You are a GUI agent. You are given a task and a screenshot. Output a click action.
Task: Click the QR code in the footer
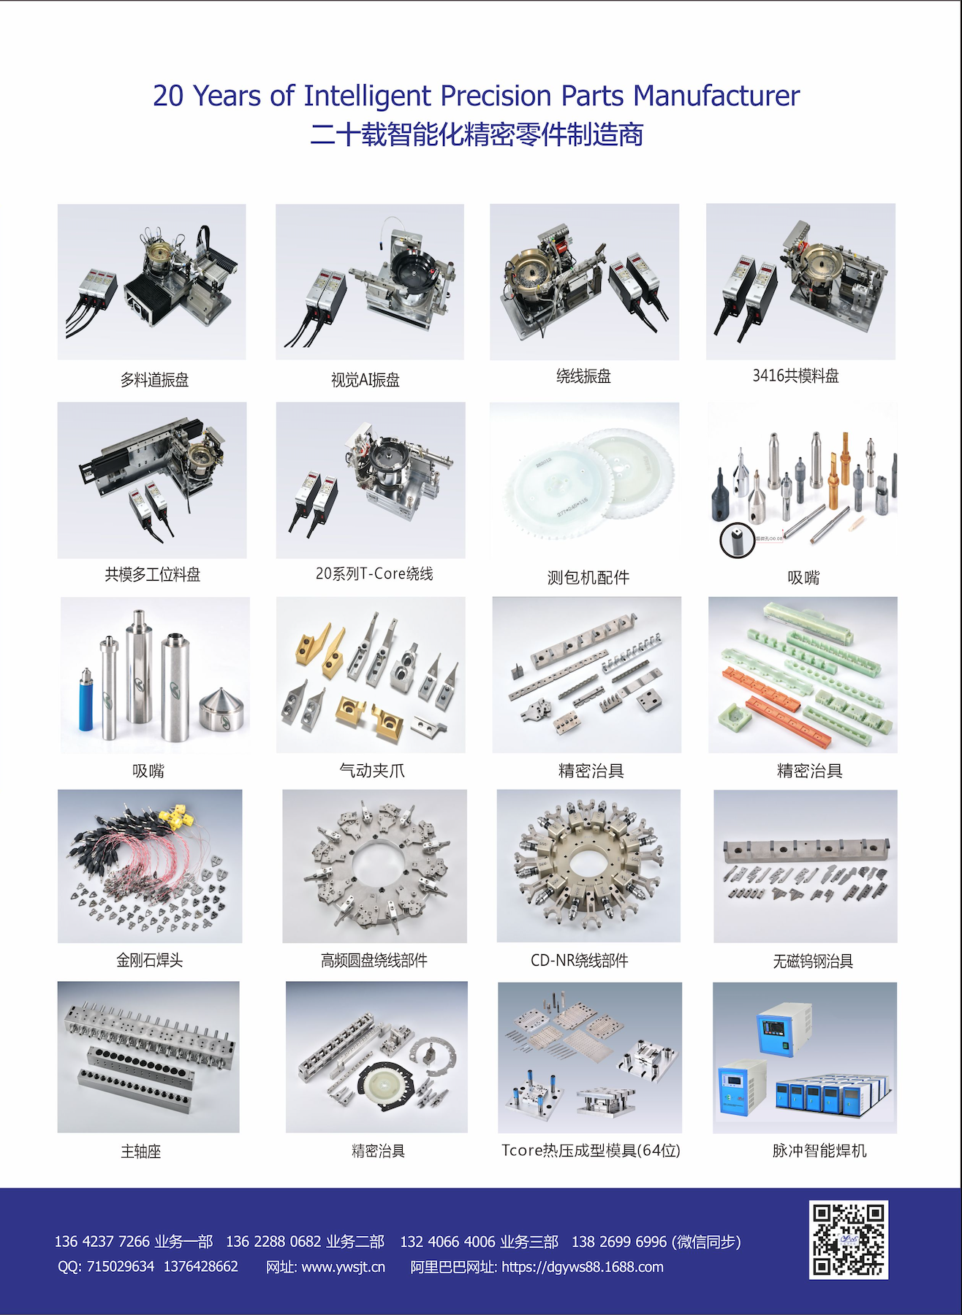(849, 1240)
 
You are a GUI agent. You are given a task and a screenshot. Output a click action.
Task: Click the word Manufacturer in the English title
(716, 96)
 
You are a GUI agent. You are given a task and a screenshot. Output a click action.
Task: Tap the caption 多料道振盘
(154, 380)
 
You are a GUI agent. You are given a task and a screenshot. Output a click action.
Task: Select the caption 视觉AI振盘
(366, 380)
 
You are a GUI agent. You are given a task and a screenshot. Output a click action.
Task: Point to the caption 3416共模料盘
(796, 376)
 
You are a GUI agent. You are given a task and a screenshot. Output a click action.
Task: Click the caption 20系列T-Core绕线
(374, 573)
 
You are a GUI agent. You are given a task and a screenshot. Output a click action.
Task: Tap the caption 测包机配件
(588, 578)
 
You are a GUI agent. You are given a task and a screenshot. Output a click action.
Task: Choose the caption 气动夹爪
(372, 771)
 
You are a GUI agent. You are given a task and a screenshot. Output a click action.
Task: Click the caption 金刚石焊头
(150, 960)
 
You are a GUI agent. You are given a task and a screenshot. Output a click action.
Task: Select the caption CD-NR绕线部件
(580, 961)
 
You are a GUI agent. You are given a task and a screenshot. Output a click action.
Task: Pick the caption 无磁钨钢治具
(813, 961)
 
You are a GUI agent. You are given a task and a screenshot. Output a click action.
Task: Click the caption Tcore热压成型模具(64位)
(591, 1151)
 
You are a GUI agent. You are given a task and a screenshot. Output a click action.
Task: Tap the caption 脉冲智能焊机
(819, 1151)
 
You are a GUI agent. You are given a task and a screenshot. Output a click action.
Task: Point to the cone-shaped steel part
(224, 708)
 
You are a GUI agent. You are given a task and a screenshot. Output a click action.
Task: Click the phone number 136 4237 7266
(102, 1241)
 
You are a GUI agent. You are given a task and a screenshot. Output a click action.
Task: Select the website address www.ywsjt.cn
(343, 1267)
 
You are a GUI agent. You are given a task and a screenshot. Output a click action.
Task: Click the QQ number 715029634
(121, 1266)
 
